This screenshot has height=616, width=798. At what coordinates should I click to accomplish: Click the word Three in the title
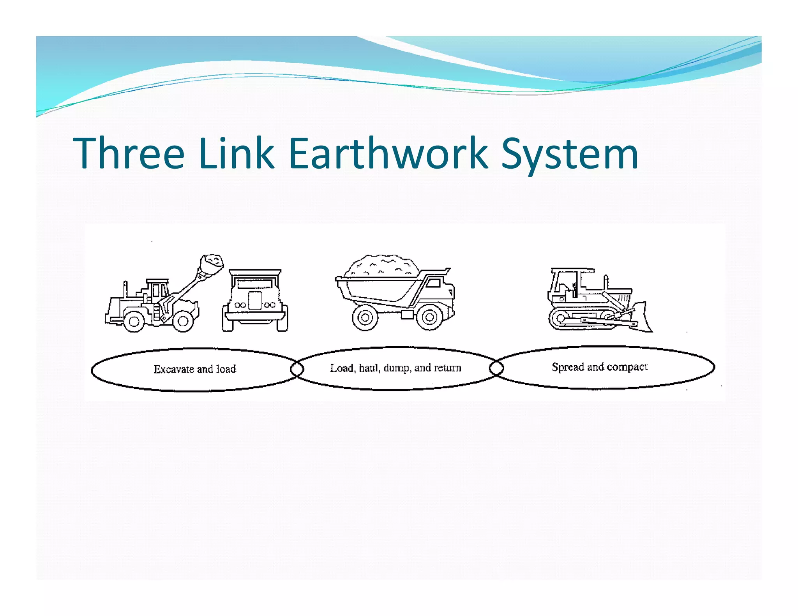pos(129,153)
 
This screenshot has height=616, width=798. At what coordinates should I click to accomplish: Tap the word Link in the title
pos(236,153)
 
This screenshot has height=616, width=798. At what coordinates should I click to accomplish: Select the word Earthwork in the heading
pos(388,153)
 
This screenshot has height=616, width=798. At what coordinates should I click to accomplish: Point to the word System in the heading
pos(569,155)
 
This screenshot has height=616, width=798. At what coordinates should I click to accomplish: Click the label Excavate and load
pos(195,369)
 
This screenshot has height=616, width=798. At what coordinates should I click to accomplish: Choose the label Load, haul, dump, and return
pos(395,368)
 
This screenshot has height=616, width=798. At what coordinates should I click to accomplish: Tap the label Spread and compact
pos(599,367)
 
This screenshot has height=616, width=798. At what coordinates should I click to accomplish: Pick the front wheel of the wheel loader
pos(183,321)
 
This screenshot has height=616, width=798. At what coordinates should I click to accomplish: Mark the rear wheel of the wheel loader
pos(134,321)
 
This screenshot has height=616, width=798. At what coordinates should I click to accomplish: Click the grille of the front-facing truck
pos(255,300)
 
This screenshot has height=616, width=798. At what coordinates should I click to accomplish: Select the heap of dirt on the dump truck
pos(382,267)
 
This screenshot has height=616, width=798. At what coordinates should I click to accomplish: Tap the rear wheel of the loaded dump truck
pos(365,317)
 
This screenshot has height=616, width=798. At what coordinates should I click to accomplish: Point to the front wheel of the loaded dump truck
pos(429,317)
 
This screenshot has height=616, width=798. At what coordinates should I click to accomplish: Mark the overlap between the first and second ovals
pos(297,368)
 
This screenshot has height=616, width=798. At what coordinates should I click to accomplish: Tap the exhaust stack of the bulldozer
pos(606,282)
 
